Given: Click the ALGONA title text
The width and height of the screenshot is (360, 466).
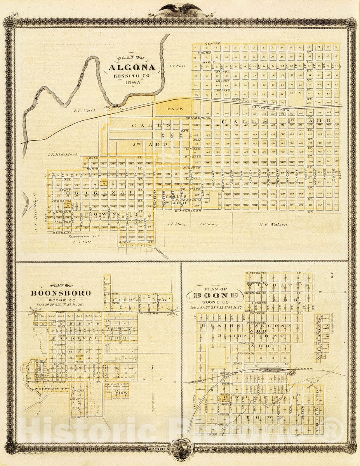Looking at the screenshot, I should [x=132, y=67].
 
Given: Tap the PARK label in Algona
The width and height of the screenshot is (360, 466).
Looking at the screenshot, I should [x=173, y=110].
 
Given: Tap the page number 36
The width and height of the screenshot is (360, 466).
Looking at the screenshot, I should [x=16, y=14].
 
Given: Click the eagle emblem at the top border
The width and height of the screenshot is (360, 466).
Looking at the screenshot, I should [x=180, y=9].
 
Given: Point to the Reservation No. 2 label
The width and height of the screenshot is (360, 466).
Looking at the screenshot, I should [x=84, y=236].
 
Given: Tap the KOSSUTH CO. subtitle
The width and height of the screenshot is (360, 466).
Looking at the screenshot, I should [x=131, y=76].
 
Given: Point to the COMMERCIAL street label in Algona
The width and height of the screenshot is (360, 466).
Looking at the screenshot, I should [x=198, y=118].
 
